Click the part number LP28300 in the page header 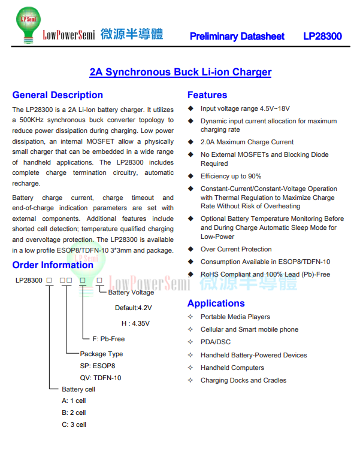click(x=322, y=37)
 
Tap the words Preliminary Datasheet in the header click(x=237, y=37)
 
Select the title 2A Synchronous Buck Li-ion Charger click(x=180, y=72)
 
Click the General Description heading click(x=58, y=95)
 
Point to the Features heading click(x=207, y=95)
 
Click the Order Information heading click(x=53, y=265)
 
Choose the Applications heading click(x=216, y=304)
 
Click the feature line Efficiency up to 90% click(x=231, y=176)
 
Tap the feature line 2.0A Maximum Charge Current click(x=247, y=142)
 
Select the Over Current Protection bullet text click(x=236, y=249)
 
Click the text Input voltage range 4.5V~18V click(x=245, y=108)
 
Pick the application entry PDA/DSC click(x=216, y=342)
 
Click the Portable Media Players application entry click(x=235, y=317)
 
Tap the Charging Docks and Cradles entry click(x=243, y=380)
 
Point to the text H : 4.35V click(x=135, y=323)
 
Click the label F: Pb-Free click(x=108, y=339)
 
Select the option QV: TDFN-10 click(x=101, y=378)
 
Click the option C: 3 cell click(x=74, y=424)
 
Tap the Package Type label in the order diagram click(x=101, y=354)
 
